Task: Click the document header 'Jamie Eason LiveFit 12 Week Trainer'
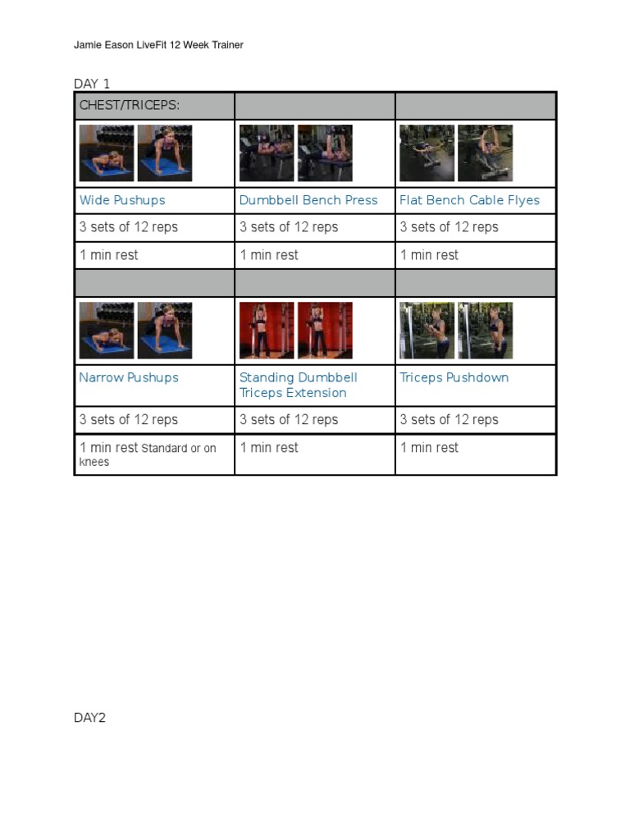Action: click(158, 45)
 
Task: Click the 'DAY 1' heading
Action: click(92, 84)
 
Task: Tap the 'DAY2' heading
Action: click(90, 718)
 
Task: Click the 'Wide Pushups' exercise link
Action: click(122, 200)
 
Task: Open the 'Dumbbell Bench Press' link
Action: click(308, 200)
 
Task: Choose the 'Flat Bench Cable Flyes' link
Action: click(469, 200)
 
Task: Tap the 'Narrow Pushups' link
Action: click(129, 377)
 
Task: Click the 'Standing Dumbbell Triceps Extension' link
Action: click(298, 385)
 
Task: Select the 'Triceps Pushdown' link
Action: click(454, 377)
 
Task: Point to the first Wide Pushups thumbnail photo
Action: click(107, 153)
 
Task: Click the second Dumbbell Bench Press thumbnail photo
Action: click(325, 153)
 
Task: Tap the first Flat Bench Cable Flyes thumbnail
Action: click(427, 153)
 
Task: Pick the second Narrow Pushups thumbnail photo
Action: click(165, 331)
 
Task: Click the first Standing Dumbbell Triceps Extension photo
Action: click(267, 331)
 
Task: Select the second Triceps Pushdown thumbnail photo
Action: click(485, 331)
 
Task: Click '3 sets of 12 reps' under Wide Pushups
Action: click(129, 227)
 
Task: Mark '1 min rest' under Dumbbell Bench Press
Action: click(269, 255)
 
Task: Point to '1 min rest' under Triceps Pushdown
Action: click(429, 448)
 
